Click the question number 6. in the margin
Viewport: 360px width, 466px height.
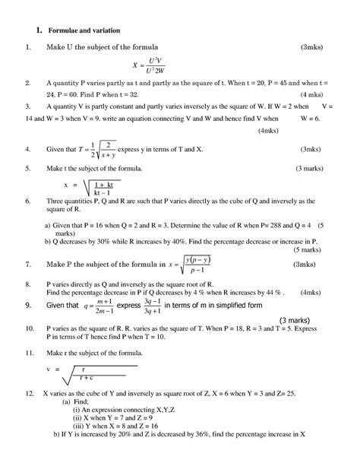pyautogui.click(x=27, y=201)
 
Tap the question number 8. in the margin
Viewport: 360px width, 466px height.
pyautogui.click(x=27, y=283)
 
